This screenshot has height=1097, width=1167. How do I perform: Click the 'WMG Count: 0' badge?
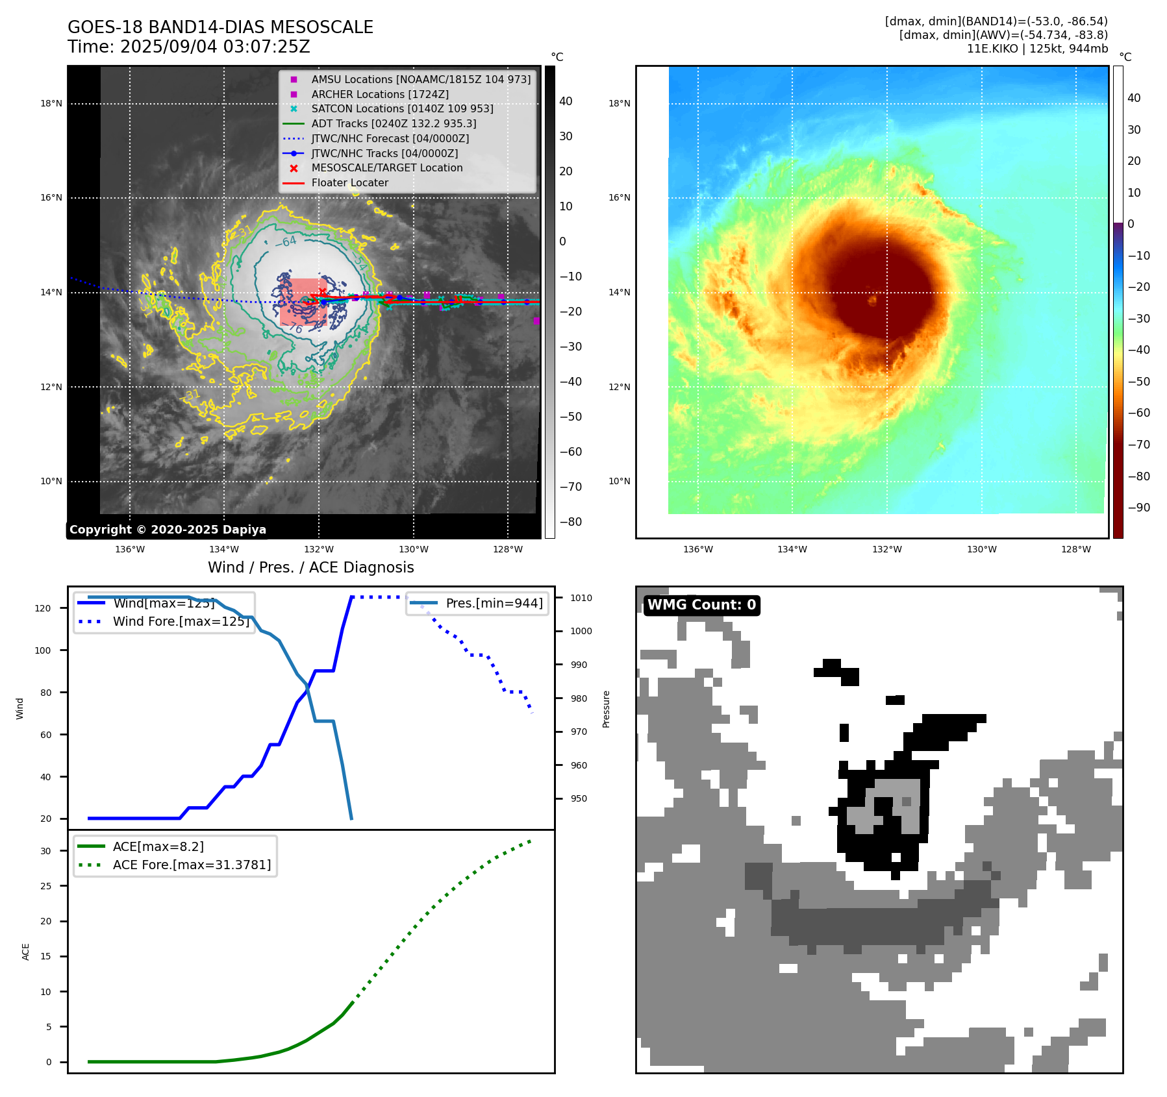tap(701, 605)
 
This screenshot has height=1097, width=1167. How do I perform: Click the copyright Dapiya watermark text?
tap(168, 530)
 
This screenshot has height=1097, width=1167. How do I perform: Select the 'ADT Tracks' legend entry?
tap(394, 123)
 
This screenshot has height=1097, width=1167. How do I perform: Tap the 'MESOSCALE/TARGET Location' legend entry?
tap(387, 167)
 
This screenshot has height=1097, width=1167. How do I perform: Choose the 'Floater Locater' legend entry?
tap(350, 182)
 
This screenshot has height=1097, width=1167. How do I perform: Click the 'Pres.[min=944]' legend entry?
tap(494, 603)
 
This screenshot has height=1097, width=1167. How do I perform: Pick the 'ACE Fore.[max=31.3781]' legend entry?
tap(192, 865)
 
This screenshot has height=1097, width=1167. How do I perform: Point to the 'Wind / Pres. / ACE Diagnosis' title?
tap(310, 567)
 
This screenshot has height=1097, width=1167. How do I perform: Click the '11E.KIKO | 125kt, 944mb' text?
tap(1037, 49)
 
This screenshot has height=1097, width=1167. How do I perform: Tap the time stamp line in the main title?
tap(189, 47)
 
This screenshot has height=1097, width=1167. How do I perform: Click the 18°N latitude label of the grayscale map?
tap(51, 103)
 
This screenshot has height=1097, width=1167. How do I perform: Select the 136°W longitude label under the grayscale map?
tap(130, 549)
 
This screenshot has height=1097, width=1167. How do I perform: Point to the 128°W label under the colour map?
tap(1075, 549)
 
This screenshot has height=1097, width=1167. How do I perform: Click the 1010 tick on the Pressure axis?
tap(581, 598)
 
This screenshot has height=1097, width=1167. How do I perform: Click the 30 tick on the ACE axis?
tap(46, 851)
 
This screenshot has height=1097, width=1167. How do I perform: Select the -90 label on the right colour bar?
tap(1139, 508)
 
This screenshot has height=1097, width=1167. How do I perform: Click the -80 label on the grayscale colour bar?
tap(571, 522)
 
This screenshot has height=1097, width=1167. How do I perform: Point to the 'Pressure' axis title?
tap(606, 709)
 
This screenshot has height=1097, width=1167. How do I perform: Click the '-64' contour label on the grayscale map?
tap(286, 242)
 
